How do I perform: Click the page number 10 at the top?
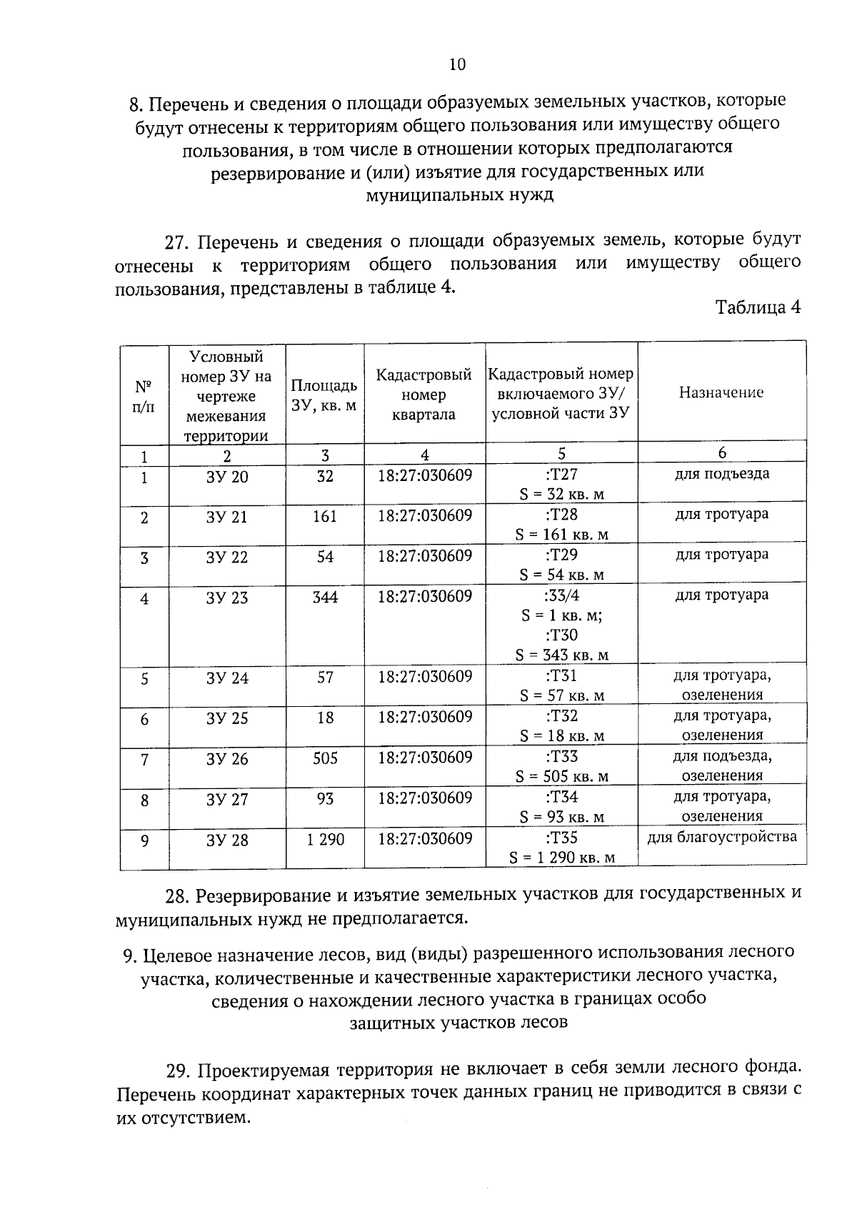click(x=457, y=65)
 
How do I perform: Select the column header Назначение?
click(x=721, y=392)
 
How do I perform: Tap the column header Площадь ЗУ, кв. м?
click(x=324, y=395)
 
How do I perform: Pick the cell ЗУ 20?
click(x=227, y=477)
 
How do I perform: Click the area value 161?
click(x=324, y=517)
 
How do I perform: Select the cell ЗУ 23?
click(x=227, y=598)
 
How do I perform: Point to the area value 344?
click(x=325, y=597)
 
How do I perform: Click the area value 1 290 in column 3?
click(x=326, y=840)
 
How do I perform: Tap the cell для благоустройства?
click(x=722, y=837)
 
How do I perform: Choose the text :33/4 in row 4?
click(x=561, y=595)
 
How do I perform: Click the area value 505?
click(x=325, y=758)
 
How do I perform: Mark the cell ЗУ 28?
click(x=227, y=840)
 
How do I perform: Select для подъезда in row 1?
click(x=722, y=474)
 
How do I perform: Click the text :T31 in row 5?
click(x=561, y=676)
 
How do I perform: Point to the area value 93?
click(x=325, y=799)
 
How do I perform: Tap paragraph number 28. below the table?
click(x=179, y=895)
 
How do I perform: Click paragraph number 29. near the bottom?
click(x=180, y=1071)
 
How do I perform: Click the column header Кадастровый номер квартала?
click(x=424, y=395)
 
